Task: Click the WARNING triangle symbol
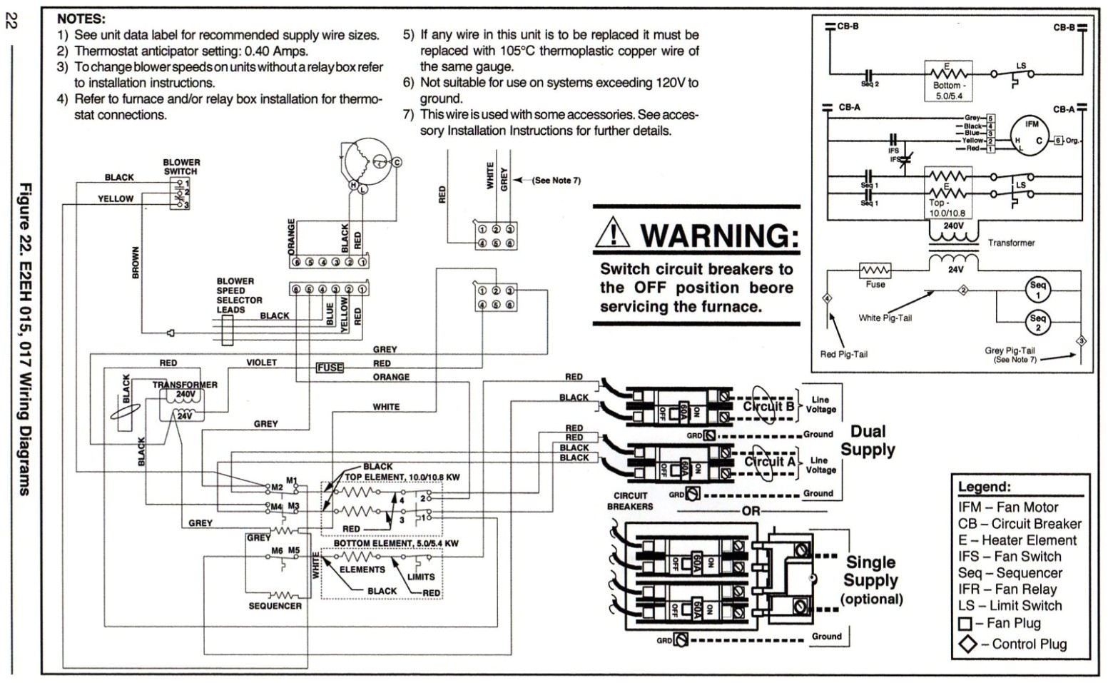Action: click(x=613, y=233)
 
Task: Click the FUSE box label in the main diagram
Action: click(x=330, y=368)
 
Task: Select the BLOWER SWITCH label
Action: click(x=181, y=167)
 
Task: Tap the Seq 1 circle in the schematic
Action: click(x=1037, y=290)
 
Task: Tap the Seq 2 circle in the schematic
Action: click(x=1037, y=323)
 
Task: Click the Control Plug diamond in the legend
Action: click(x=967, y=644)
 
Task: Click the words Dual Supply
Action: click(x=868, y=440)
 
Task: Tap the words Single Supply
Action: click(x=871, y=571)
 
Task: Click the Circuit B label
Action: click(x=768, y=407)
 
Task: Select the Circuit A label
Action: click(x=769, y=462)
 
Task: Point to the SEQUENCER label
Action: click(x=275, y=606)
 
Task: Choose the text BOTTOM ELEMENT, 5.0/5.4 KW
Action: click(x=396, y=543)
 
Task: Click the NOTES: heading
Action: click(x=81, y=19)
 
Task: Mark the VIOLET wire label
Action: click(x=261, y=363)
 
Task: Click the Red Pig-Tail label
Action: click(x=843, y=354)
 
